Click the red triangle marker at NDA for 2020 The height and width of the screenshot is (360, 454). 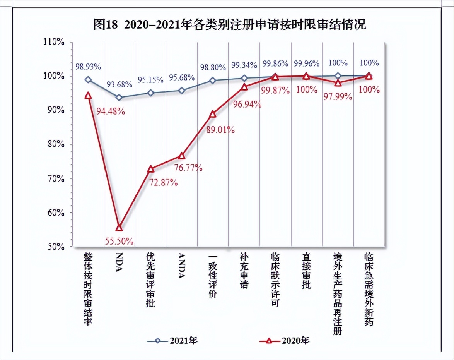pyautogui.click(x=119, y=228)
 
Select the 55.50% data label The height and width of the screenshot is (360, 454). pyautogui.click(x=119, y=241)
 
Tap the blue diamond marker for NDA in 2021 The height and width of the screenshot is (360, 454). pyautogui.click(x=119, y=98)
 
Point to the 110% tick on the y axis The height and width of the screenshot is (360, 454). pyautogui.click(x=53, y=42)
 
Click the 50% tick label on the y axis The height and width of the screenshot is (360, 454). pyautogui.click(x=53, y=247)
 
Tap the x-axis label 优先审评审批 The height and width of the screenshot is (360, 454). pyautogui.click(x=150, y=280)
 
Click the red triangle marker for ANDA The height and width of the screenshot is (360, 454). pyautogui.click(x=182, y=156)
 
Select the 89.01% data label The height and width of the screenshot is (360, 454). pyautogui.click(x=221, y=129)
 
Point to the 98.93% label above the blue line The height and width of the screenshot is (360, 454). pyautogui.click(x=88, y=67)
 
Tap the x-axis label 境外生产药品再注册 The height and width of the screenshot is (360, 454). pyautogui.click(x=338, y=294)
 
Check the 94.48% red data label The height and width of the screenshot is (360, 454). pyautogui.click(x=110, y=111)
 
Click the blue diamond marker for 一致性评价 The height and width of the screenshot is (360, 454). pyautogui.click(x=213, y=81)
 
